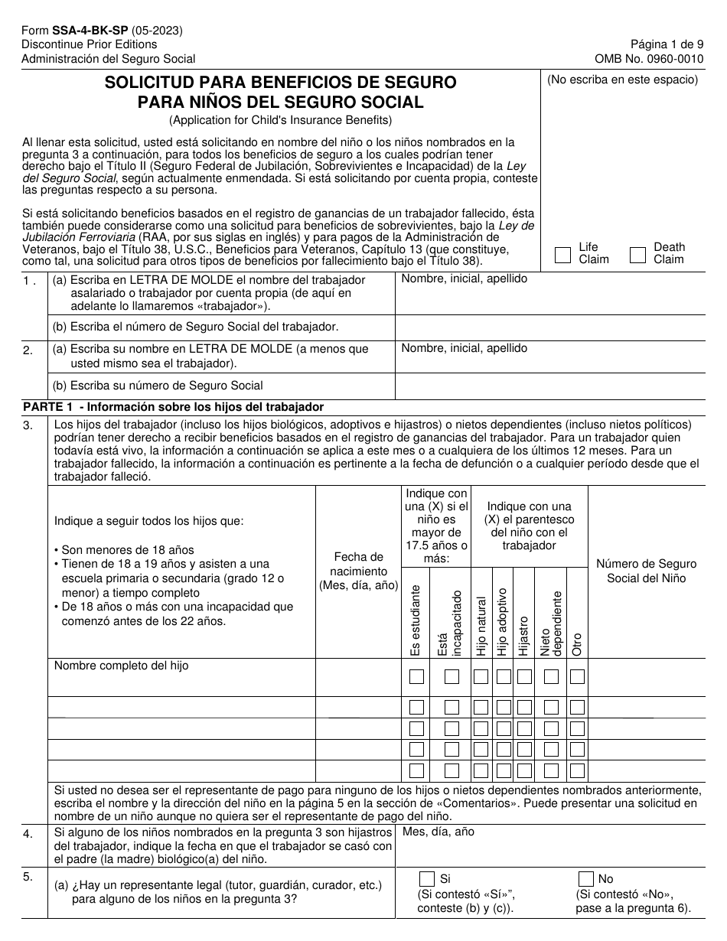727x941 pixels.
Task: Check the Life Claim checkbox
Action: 562,255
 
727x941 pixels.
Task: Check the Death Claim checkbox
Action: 637,255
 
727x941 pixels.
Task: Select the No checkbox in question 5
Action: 586,879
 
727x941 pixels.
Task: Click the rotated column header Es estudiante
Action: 416,620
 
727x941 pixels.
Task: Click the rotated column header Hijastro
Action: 523,636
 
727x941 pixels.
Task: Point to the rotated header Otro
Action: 577,643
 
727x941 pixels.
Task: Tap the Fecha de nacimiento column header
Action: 358,571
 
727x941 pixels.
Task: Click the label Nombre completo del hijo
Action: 121,666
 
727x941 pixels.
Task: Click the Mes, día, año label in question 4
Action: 438,831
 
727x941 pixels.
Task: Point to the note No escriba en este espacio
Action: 622,80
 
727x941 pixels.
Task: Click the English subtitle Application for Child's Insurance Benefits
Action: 280,119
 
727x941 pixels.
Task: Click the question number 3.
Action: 28,426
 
